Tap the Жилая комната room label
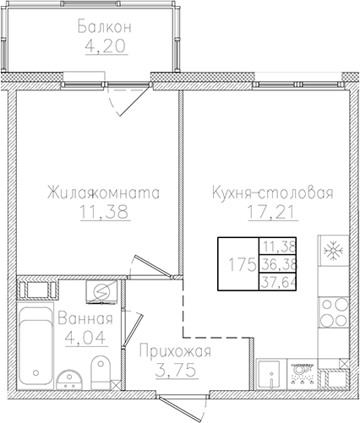coord(103,193)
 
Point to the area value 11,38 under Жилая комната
coord(103,213)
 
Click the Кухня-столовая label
coord(272,193)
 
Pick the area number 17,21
coord(272,213)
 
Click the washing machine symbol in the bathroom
coord(100,290)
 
